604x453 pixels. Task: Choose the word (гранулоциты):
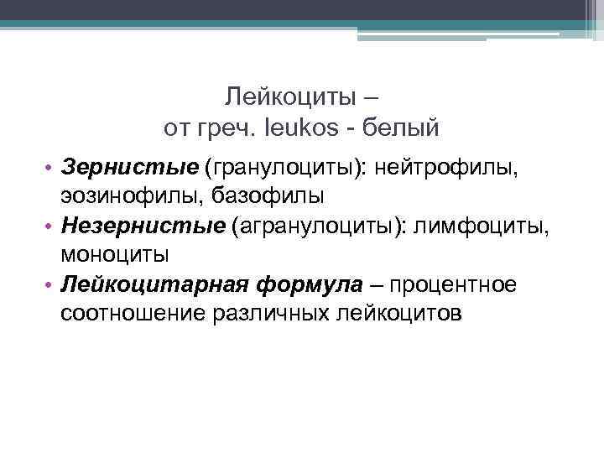[x=272, y=170]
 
